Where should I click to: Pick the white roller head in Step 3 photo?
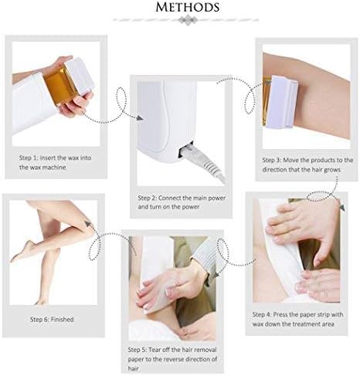(285, 100)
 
